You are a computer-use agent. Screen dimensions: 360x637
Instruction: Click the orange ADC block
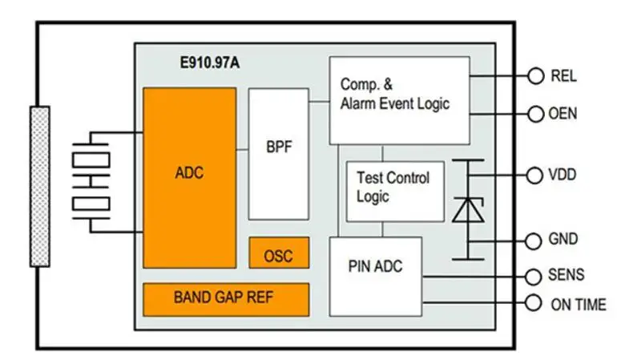coord(189,177)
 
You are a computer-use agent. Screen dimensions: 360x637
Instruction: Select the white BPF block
coord(278,153)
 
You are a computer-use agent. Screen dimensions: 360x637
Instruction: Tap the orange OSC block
coord(278,254)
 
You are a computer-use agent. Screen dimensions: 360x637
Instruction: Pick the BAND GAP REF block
coord(225,298)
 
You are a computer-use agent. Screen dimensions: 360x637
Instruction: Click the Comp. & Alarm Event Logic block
coord(399,99)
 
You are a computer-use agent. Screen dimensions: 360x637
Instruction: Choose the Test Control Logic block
coord(394,191)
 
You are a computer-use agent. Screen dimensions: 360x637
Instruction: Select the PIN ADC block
coord(375,275)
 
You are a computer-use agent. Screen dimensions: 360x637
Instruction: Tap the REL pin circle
coord(535,76)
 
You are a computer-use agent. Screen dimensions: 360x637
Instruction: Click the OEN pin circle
coord(535,114)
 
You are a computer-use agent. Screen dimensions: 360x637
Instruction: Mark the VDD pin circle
coord(535,175)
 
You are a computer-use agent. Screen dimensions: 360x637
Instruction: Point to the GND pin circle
coord(535,239)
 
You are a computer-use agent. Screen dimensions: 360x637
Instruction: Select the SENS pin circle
coord(535,276)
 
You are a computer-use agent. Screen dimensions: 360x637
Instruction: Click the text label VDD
coord(562,175)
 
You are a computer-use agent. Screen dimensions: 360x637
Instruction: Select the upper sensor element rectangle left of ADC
coord(91,159)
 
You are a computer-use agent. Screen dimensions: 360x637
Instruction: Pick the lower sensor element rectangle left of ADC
coord(91,204)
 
